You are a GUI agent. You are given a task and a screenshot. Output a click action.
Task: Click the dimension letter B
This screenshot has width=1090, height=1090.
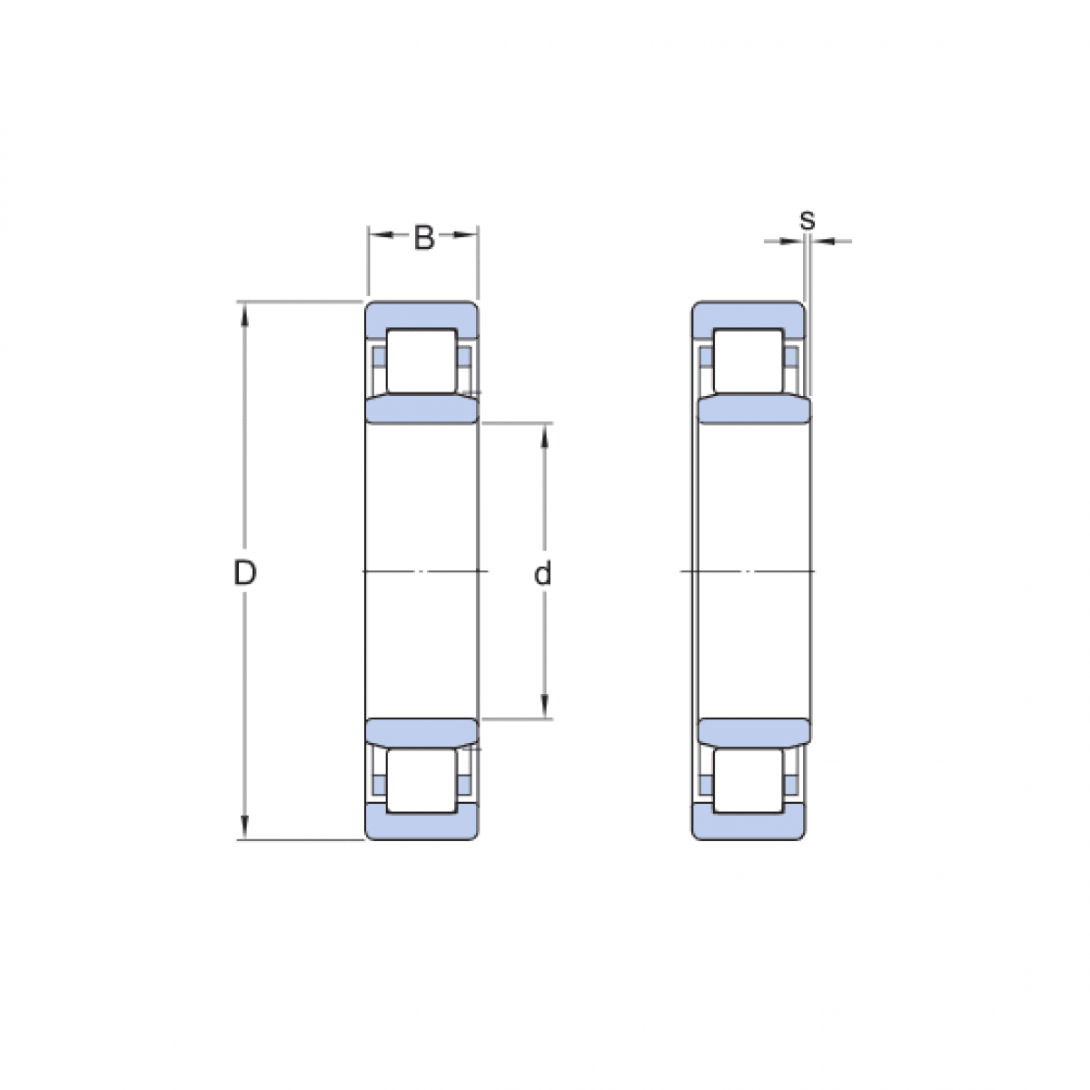[423, 238]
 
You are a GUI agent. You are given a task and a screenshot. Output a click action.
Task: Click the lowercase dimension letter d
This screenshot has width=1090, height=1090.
[543, 574]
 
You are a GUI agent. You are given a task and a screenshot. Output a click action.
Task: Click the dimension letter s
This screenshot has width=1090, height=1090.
[807, 220]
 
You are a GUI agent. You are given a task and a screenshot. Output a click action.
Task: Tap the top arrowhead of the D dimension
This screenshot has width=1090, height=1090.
[243, 312]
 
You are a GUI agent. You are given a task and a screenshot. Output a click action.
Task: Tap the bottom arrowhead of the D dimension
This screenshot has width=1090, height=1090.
[243, 827]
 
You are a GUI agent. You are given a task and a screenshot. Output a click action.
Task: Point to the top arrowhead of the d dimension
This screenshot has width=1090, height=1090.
[544, 434]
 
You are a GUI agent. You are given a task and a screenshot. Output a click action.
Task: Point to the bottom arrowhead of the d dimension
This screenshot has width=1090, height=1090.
[544, 707]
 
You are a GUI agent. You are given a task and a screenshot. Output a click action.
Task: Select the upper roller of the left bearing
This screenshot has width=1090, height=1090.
[421, 360]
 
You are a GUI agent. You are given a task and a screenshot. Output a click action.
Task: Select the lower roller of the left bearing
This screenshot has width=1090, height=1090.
[421, 779]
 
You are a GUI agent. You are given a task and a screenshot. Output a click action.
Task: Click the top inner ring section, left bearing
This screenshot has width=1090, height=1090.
[421, 410]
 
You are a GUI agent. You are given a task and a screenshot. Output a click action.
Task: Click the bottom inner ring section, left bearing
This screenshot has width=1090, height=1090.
[421, 732]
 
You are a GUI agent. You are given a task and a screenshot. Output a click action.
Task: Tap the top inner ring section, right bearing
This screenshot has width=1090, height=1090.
[752, 410]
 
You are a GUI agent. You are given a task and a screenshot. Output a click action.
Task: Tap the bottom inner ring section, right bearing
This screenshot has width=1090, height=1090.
[752, 732]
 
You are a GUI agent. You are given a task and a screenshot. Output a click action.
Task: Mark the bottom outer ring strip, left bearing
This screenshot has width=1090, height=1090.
[421, 826]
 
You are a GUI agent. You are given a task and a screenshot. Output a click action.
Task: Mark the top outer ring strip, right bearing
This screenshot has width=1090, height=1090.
[748, 314]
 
